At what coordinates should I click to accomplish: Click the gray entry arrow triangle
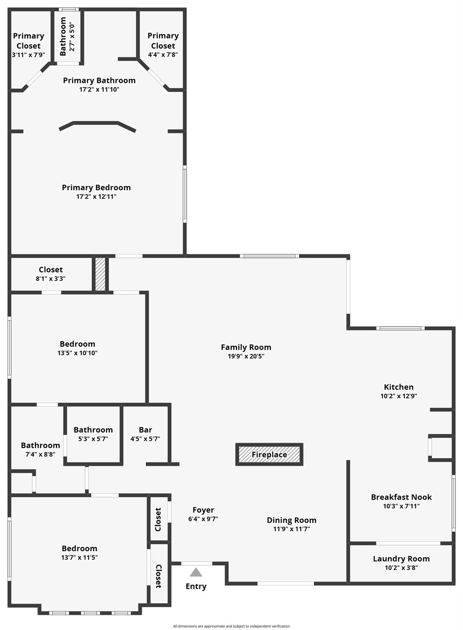196,572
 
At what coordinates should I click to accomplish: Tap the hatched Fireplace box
269,454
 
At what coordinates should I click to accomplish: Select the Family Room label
246,347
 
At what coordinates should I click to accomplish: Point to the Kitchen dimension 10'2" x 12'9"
399,396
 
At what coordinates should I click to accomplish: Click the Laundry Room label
401,559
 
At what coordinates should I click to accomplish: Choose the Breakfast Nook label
402,497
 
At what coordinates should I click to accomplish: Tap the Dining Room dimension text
292,529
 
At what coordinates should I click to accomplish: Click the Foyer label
203,510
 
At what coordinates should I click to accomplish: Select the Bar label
145,430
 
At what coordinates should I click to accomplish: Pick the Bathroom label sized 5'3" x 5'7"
93,430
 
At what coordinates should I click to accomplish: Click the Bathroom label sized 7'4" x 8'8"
41,445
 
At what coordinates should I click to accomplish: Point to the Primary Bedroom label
96,187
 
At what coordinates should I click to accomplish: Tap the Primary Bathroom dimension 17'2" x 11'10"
99,90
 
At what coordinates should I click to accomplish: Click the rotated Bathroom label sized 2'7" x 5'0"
63,37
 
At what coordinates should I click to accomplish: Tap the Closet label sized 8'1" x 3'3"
50,270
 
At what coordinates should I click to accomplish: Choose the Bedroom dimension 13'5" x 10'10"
77,353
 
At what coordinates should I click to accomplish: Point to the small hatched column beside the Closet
100,274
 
